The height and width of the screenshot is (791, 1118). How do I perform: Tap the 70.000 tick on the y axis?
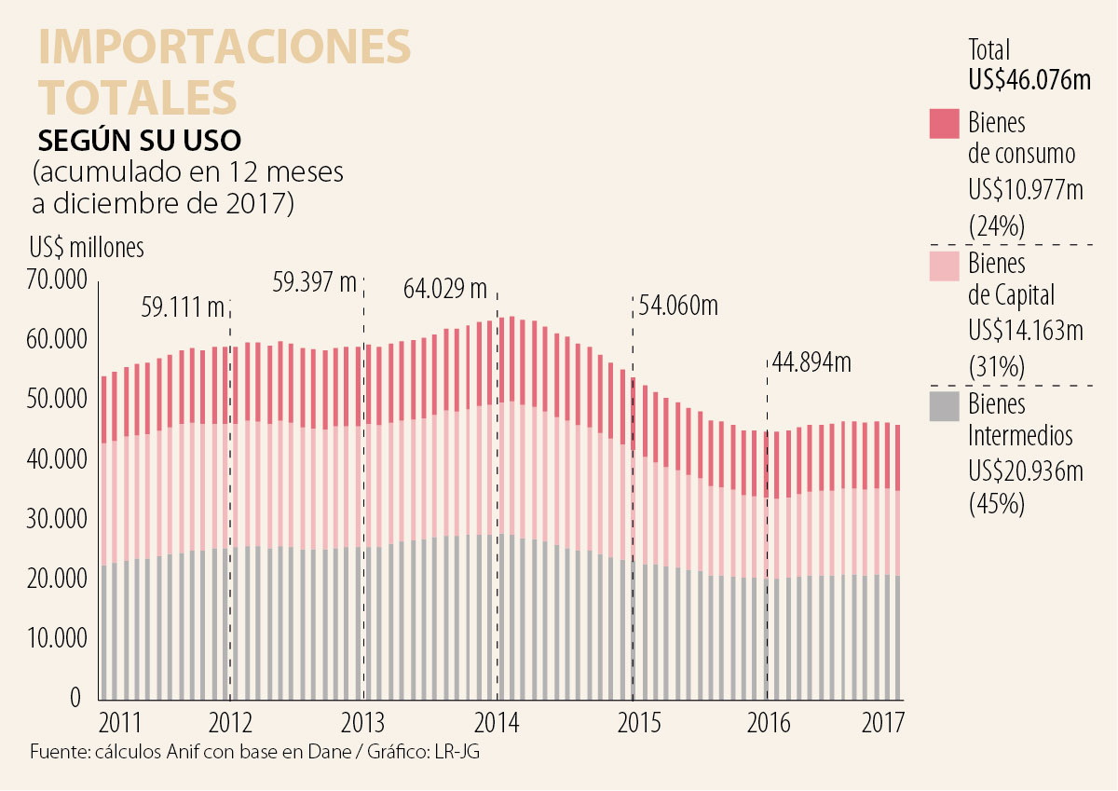[x=57, y=280]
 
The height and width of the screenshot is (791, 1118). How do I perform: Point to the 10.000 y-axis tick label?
[x=57, y=639]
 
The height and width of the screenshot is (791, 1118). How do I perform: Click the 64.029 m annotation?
[x=445, y=289]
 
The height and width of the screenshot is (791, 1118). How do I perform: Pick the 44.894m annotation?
[x=811, y=361]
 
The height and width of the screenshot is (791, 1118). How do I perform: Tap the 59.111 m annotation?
[x=184, y=306]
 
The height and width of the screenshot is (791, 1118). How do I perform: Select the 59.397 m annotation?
[x=315, y=281]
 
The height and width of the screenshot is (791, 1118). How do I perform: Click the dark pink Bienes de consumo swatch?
[x=945, y=124]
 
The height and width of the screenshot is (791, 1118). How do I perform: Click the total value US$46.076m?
[x=1029, y=80]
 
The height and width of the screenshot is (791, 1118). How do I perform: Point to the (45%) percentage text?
[x=997, y=504]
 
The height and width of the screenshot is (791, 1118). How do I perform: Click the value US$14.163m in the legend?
[x=1026, y=331]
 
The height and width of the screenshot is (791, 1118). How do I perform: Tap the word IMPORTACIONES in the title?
[x=224, y=48]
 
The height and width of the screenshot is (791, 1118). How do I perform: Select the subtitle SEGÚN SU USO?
[x=139, y=140]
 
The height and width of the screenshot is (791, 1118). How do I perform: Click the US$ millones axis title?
[x=87, y=248]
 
